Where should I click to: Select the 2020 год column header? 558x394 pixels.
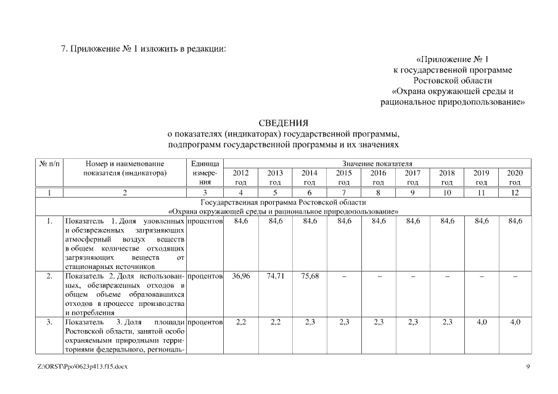(515, 178)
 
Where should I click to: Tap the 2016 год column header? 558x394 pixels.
(378, 178)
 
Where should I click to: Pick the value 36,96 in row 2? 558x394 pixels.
(240, 276)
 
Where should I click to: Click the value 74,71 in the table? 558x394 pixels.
(275, 276)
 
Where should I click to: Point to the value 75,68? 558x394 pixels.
(310, 276)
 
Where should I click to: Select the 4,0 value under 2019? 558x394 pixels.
(481, 322)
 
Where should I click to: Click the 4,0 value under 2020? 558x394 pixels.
(515, 322)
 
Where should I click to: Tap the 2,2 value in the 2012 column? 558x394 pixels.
(240, 322)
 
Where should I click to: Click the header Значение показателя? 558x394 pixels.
(377, 164)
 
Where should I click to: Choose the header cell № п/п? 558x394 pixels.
(49, 164)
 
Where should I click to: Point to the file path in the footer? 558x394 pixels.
(82, 367)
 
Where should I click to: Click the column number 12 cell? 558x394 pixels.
(515, 193)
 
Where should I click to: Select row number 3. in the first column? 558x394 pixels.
(49, 322)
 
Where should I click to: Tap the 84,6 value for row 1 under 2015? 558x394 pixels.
(344, 220)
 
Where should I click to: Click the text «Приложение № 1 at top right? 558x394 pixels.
(453, 60)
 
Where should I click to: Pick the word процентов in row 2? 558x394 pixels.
(205, 276)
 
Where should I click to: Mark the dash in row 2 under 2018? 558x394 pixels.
(446, 276)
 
